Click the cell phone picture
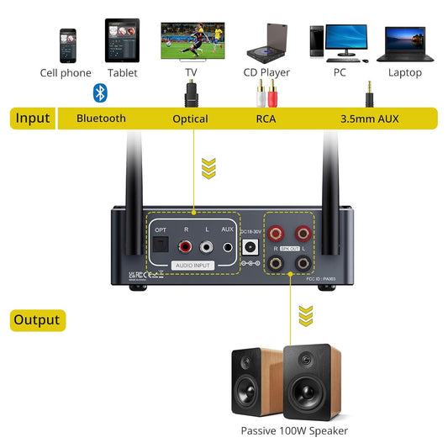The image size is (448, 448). (x=67, y=45)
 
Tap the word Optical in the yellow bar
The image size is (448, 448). (x=190, y=119)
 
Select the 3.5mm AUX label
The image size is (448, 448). (x=370, y=119)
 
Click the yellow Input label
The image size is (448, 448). (x=33, y=119)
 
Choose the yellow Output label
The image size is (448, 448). (x=37, y=320)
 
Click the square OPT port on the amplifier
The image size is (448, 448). (x=160, y=247)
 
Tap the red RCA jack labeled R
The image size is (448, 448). (x=185, y=247)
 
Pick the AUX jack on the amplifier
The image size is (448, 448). (x=228, y=248)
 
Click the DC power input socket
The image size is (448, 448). (x=250, y=247)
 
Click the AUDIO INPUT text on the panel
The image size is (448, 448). (x=192, y=266)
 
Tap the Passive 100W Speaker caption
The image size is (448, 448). (x=293, y=431)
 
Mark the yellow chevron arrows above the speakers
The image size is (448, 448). (x=304, y=316)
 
